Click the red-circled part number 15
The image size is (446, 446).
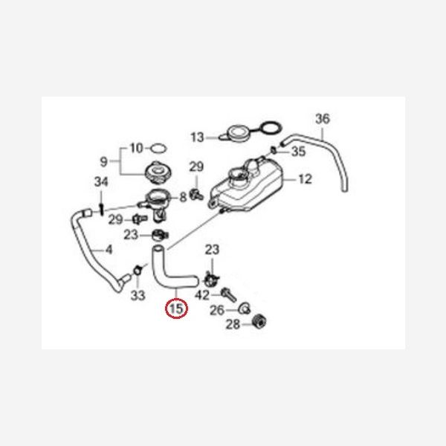(x=176, y=308)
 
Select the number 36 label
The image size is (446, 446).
(x=323, y=119)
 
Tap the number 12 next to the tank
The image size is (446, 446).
(x=306, y=179)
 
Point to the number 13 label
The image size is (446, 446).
(x=198, y=138)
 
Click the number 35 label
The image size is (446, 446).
(x=298, y=152)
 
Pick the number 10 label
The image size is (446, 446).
(x=137, y=148)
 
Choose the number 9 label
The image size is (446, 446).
(x=104, y=162)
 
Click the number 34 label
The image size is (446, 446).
(x=101, y=182)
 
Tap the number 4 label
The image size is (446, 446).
(x=109, y=250)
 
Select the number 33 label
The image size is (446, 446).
(x=138, y=295)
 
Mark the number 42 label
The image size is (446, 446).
(x=202, y=295)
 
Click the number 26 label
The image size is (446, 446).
(x=217, y=310)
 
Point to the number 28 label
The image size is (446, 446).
(x=233, y=324)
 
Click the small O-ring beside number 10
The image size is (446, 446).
(x=158, y=148)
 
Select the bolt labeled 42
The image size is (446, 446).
(x=229, y=295)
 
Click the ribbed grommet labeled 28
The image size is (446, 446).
(x=259, y=322)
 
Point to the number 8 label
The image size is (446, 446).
(x=184, y=197)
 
